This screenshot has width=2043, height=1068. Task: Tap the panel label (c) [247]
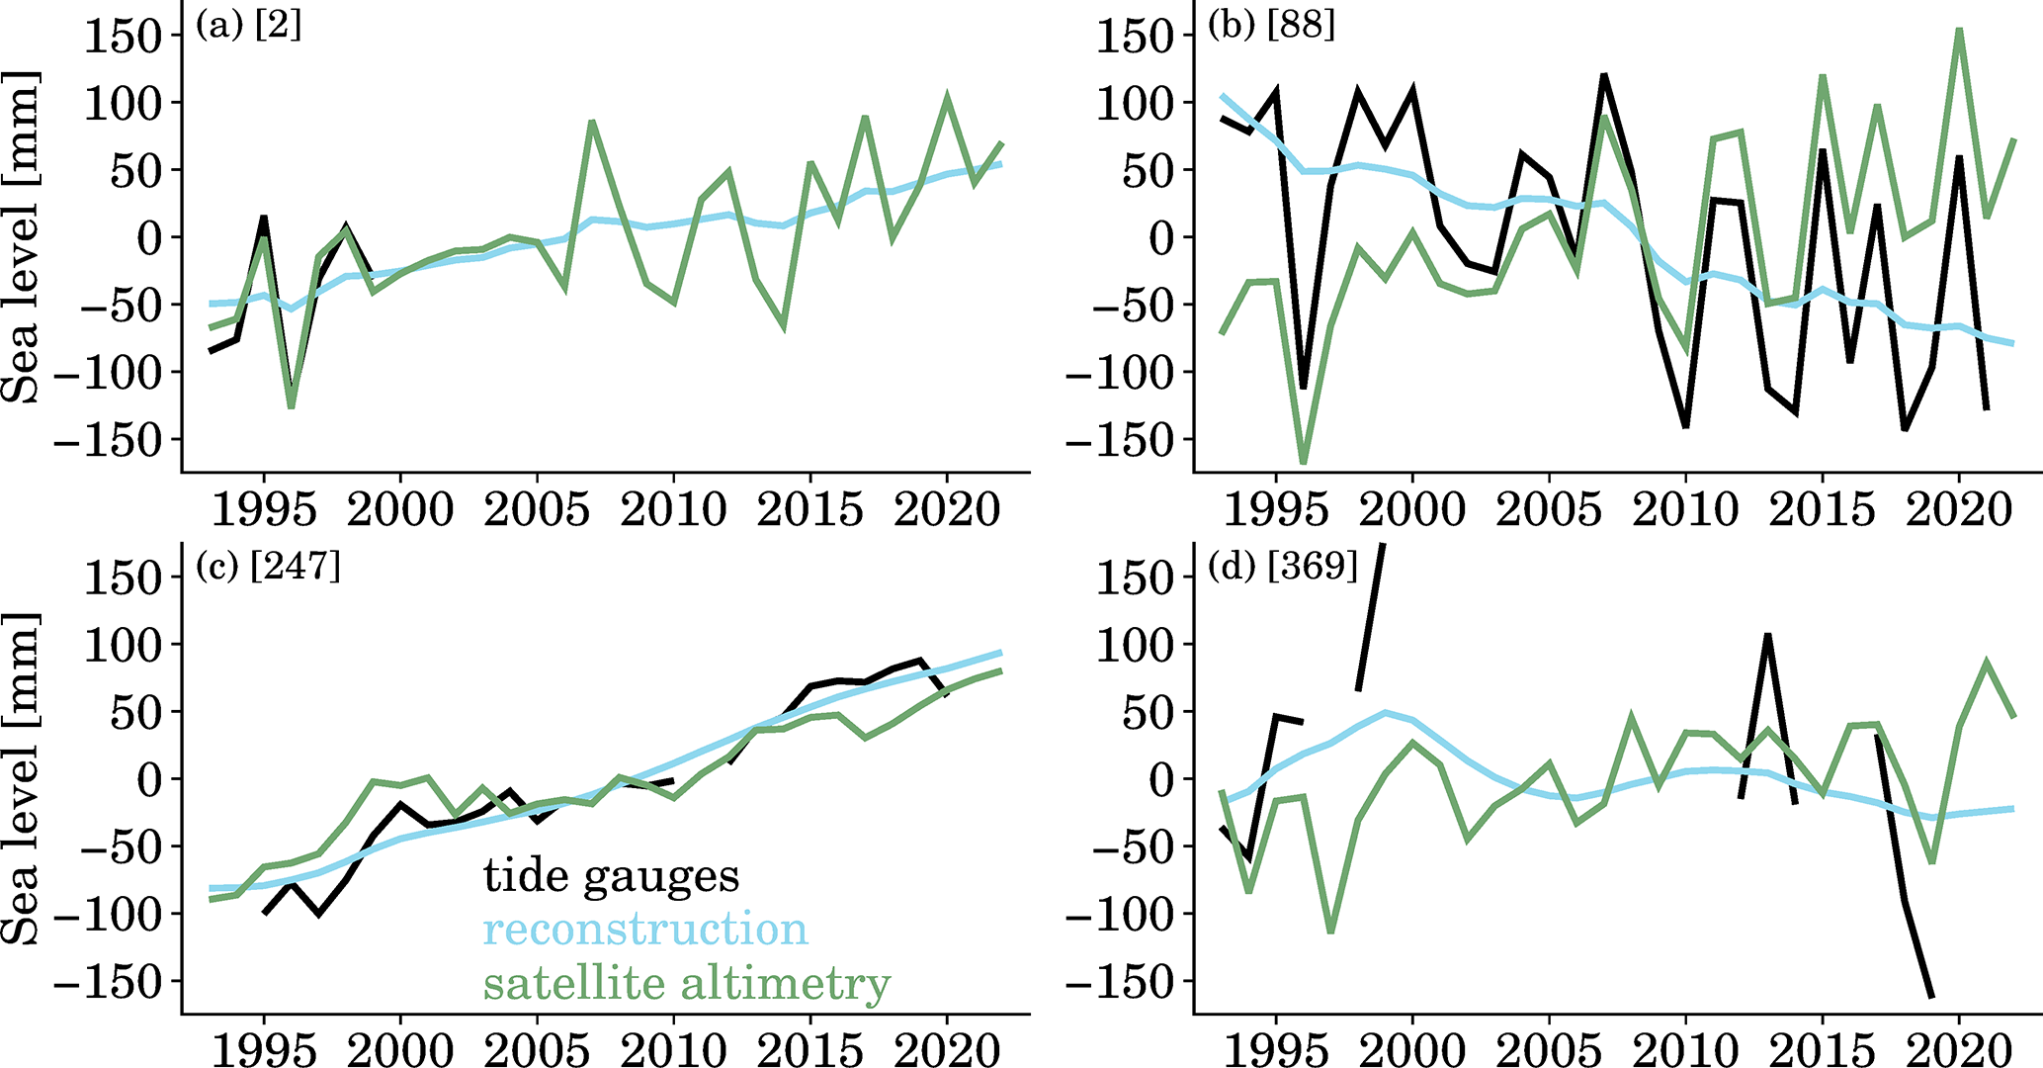pos(268,567)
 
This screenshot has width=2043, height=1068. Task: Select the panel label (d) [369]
pos(1283,567)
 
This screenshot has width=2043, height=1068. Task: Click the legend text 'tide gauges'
pos(611,876)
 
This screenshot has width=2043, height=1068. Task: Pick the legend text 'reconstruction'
pos(645,930)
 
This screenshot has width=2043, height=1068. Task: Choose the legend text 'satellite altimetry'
pos(687,984)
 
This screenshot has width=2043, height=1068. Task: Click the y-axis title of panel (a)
pos(22,237)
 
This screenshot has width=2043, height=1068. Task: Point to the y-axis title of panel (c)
pos(22,778)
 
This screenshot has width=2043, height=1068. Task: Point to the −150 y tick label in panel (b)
pos(1119,440)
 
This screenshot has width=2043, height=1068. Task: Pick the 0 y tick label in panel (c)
pos(148,779)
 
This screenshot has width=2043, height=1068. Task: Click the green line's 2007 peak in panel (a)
pos(591,123)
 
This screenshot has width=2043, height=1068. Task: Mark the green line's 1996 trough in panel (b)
pos(1304,461)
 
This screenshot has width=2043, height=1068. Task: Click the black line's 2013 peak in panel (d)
pos(1767,636)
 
